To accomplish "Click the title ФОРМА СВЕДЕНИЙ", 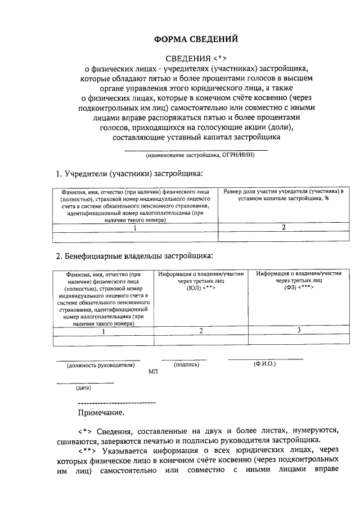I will [196, 39].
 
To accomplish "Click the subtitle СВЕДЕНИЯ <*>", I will [196, 58].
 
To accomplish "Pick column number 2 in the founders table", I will [283, 227].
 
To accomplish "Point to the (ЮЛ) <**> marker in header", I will [201, 287].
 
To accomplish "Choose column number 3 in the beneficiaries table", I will [299, 330].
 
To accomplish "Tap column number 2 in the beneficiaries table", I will [201, 330].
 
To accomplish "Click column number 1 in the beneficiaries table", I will [102, 330].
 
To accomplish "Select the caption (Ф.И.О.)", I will [264, 364].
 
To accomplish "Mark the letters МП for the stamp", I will [154, 372].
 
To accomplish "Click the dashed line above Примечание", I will [116, 403].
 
